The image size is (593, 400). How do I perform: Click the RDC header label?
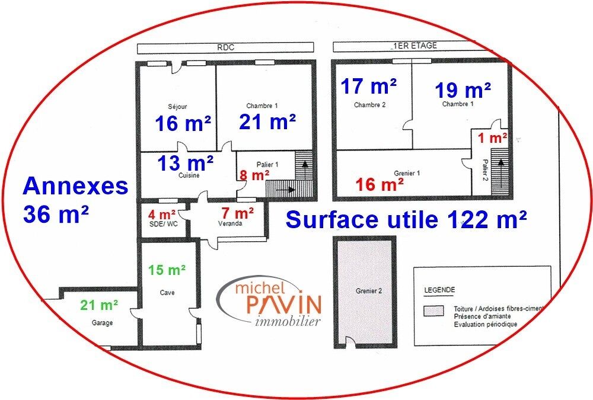pos(226,47)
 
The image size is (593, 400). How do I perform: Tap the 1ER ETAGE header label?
pos(415,46)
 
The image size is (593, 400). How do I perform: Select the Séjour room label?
pos(177,107)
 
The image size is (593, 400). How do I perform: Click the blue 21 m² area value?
pos(267,122)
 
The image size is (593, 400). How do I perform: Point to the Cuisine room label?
pos(189,175)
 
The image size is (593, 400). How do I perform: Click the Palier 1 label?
pos(267,165)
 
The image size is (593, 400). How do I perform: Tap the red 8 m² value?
pos(254,175)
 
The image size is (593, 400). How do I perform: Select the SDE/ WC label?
pos(164,224)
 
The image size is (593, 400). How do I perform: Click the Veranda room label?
pos(230,223)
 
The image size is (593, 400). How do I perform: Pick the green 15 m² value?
pos(167,270)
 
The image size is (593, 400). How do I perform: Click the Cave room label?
pos(167,293)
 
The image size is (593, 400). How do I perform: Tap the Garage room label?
pos(102,323)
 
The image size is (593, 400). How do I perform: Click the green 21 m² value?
pos(98,305)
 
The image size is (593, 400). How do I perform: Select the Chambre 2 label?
pos(369,105)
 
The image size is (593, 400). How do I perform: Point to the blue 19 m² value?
pos(463,90)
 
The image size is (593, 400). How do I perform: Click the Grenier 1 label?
pos(407,173)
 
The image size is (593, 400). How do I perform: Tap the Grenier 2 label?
pos(369,291)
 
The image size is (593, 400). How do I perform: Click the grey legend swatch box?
pos(433,311)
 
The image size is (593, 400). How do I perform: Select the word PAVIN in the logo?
pos(284,304)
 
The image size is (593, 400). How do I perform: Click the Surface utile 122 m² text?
pos(406,219)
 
